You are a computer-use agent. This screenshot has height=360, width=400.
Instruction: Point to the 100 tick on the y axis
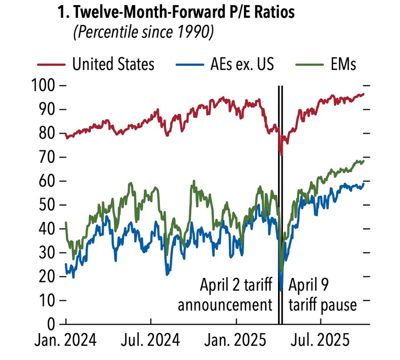[49, 86]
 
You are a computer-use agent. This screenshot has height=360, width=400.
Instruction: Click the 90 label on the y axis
[49, 110]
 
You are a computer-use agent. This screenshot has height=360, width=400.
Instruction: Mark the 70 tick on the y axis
[49, 157]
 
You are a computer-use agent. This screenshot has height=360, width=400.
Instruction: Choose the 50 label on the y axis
[49, 205]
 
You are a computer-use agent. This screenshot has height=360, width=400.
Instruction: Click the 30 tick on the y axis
[49, 253]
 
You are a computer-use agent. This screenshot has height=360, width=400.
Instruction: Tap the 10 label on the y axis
[49, 300]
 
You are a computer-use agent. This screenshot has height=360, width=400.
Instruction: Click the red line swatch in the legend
[52, 65]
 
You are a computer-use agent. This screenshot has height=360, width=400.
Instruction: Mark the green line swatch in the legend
[300, 65]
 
